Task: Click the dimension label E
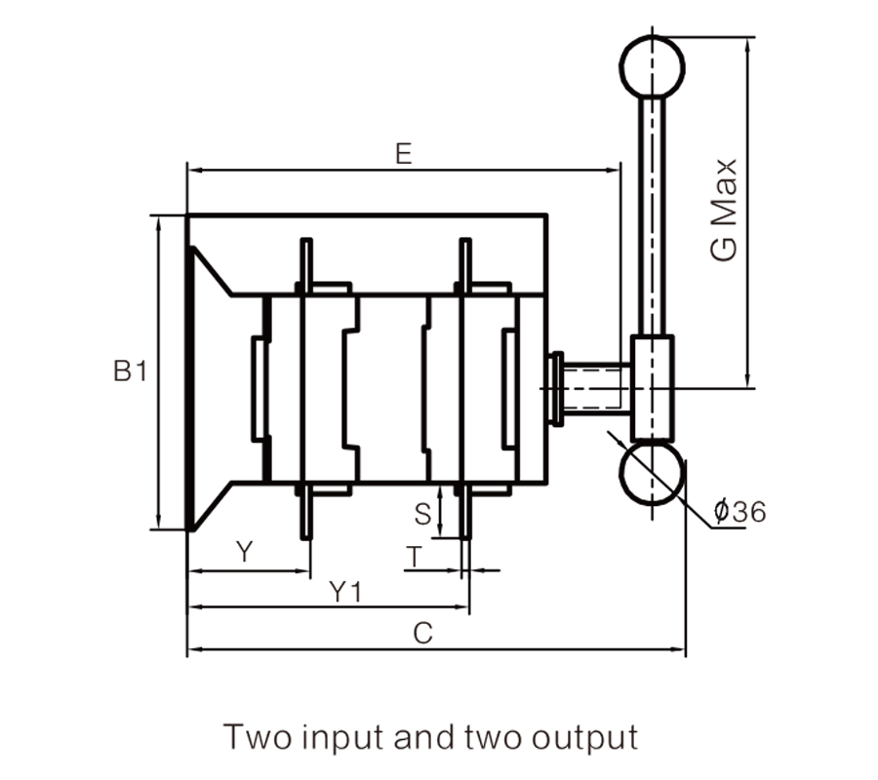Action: pos(402,153)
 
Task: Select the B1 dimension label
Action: pos(129,371)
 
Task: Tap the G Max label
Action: pos(724,211)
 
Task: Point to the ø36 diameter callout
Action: pos(738,510)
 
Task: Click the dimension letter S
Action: pos(421,513)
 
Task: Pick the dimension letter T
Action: pos(416,558)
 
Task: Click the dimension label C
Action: pos(421,633)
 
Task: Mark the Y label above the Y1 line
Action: pos(245,553)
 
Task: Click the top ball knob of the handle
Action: pos(652,66)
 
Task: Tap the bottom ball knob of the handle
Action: pos(652,474)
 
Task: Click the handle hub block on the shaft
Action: pos(652,387)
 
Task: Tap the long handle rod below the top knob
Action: pos(652,214)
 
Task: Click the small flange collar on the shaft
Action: pos(558,387)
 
